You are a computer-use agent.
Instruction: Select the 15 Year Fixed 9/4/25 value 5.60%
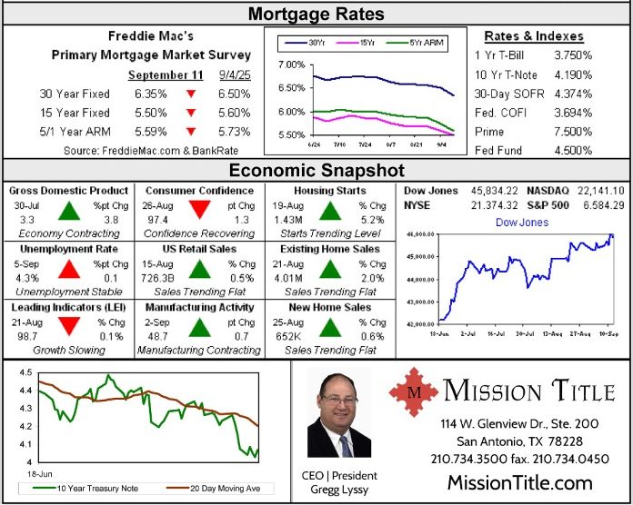click(x=234, y=113)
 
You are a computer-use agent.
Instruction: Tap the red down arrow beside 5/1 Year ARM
click(x=191, y=132)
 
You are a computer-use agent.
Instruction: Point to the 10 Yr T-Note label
click(x=507, y=74)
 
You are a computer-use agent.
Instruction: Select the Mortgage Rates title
click(x=316, y=14)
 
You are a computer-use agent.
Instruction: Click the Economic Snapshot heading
click(x=316, y=170)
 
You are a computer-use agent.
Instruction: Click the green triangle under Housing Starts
click(x=329, y=211)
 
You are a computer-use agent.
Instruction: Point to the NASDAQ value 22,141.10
click(x=598, y=190)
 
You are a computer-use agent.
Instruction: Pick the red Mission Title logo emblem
click(x=414, y=391)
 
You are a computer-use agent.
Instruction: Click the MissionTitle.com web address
click(x=519, y=482)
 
